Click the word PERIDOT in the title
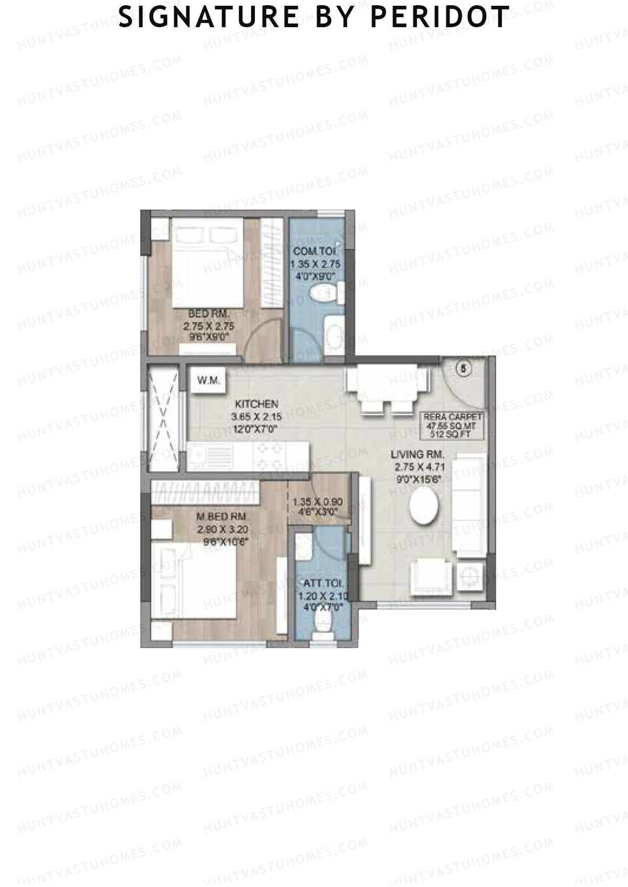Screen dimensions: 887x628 [x=439, y=17]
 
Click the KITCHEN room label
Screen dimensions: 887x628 [x=256, y=404]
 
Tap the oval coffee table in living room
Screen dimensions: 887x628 [x=424, y=505]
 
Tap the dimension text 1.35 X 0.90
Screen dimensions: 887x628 [x=318, y=501]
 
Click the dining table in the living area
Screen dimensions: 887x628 [x=387, y=384]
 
